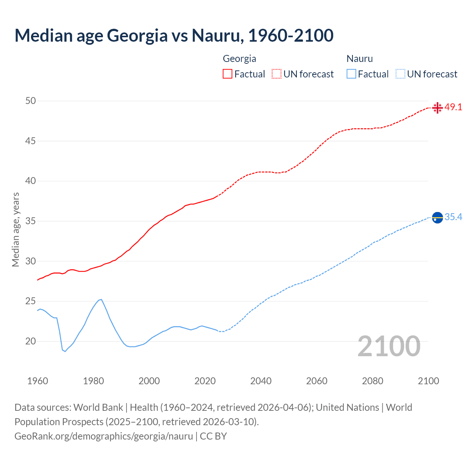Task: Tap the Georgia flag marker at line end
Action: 437,108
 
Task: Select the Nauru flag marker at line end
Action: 437,218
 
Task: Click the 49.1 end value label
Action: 453,107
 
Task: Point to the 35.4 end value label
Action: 453,217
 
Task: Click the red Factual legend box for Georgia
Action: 228,74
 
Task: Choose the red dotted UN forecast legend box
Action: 277,74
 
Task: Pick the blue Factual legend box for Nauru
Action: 351,74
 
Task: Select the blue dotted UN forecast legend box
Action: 400,74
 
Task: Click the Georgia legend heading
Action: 239,59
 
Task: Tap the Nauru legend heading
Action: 360,59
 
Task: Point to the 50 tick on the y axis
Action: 31,101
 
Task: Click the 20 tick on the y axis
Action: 31,341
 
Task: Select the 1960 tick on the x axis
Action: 38,381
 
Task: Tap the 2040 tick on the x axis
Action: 261,381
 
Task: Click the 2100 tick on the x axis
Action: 428,381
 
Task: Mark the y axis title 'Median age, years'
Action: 15,229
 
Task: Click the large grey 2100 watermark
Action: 389,346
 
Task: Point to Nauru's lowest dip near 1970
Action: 65,351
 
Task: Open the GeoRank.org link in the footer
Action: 104,436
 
